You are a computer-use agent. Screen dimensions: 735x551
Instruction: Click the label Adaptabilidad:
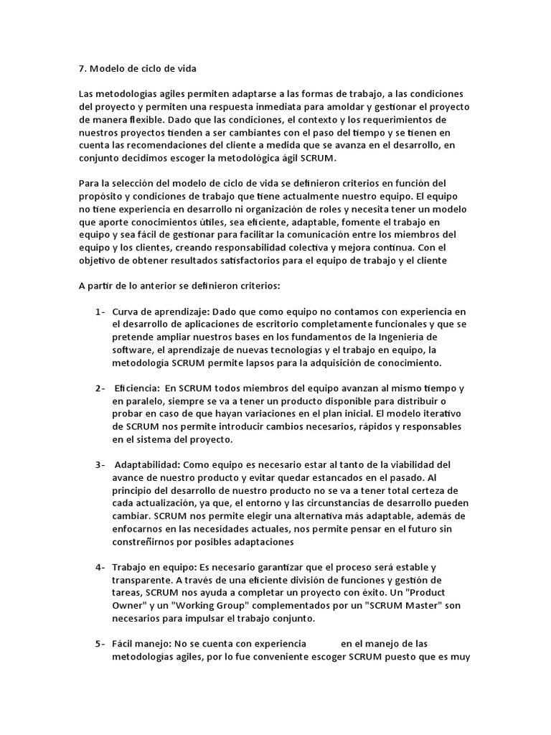149,464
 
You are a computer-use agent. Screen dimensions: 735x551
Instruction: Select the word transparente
143,580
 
